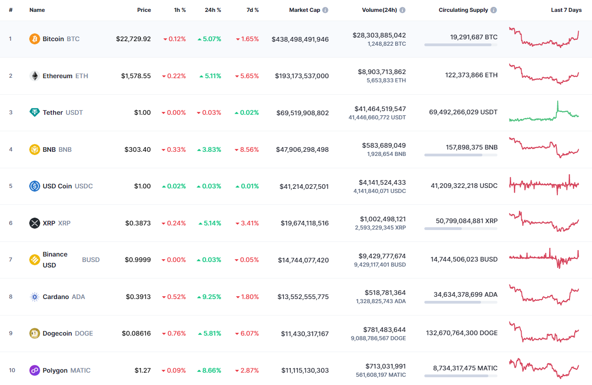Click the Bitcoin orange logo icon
[x=35, y=39]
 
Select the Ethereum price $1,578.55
[x=136, y=76]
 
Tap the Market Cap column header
[x=305, y=10]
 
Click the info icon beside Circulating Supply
[x=494, y=10]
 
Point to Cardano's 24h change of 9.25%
[x=209, y=297]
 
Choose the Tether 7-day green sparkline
[x=544, y=112]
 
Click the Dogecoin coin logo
[x=35, y=333]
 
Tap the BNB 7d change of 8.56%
[x=247, y=150]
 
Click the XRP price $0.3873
[x=138, y=223]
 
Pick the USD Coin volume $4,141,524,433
[x=380, y=182]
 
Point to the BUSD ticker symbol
[x=90, y=260]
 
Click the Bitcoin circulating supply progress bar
[x=460, y=45]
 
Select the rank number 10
[x=12, y=370]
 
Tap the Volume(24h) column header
[x=380, y=10]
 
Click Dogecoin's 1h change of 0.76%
[x=174, y=333]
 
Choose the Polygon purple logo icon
[x=35, y=370]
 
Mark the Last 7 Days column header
[x=566, y=10]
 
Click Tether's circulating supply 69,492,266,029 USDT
[x=463, y=112]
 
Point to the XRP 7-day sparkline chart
[x=544, y=222]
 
